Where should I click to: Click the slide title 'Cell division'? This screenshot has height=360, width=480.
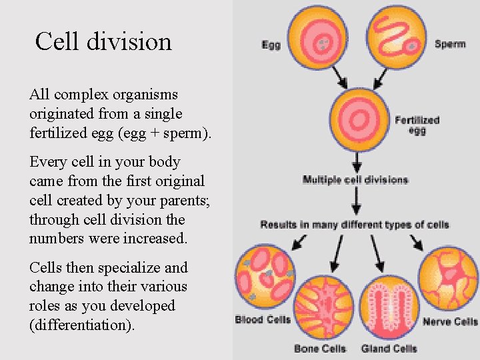[x=103, y=41]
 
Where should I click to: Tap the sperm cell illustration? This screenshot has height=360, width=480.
[x=397, y=35]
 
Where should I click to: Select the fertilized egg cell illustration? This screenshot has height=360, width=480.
[x=359, y=120]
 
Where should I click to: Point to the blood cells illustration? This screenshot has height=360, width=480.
[x=264, y=275]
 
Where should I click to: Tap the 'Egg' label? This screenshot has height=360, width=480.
[x=271, y=45]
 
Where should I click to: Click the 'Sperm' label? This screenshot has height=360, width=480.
[x=450, y=45]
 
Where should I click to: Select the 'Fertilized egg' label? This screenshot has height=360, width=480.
[x=417, y=125]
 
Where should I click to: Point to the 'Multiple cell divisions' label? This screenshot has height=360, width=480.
[x=355, y=180]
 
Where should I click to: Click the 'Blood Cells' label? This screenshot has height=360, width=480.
[x=263, y=320]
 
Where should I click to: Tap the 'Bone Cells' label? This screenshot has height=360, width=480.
[x=320, y=349]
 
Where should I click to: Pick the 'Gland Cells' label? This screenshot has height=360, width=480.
[x=389, y=349]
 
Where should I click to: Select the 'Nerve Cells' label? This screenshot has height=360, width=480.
[x=450, y=322]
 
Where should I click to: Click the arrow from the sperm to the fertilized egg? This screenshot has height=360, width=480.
[x=381, y=78]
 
